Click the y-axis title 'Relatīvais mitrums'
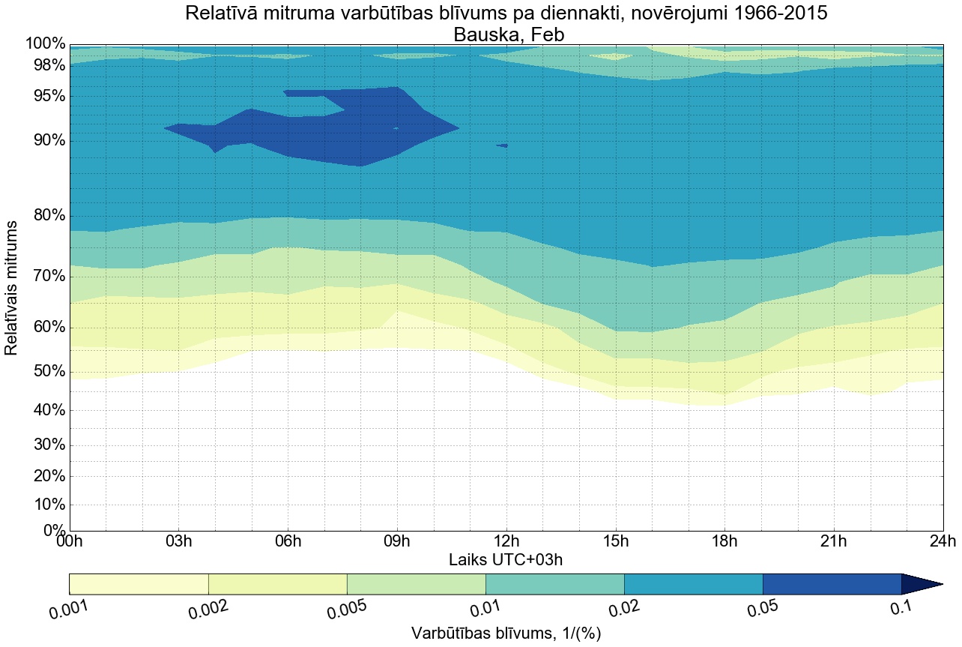(12, 288)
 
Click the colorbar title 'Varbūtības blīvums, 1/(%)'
(506, 633)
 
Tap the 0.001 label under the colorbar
(69, 610)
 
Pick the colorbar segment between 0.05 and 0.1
(832, 584)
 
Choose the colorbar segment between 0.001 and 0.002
(139, 584)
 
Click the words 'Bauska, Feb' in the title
(506, 34)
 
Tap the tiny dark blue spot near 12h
(502, 145)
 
